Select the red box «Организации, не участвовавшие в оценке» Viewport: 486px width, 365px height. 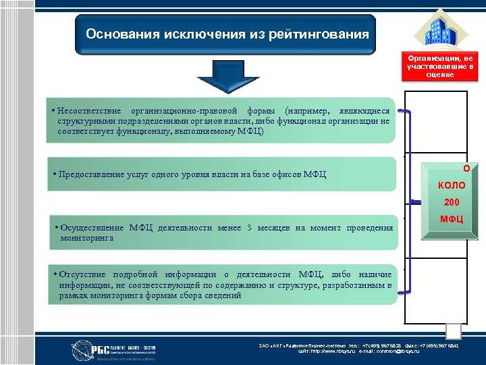click(440, 66)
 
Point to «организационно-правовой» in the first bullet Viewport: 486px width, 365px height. click(181, 110)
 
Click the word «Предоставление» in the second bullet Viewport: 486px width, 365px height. click(90, 174)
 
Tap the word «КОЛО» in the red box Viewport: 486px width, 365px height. click(451, 185)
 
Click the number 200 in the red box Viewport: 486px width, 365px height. click(451, 202)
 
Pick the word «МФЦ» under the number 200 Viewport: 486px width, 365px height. click(451, 218)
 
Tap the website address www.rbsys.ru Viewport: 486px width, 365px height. click(340, 351)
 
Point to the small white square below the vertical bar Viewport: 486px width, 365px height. click(454, 331)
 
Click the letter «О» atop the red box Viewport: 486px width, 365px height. click(466, 168)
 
